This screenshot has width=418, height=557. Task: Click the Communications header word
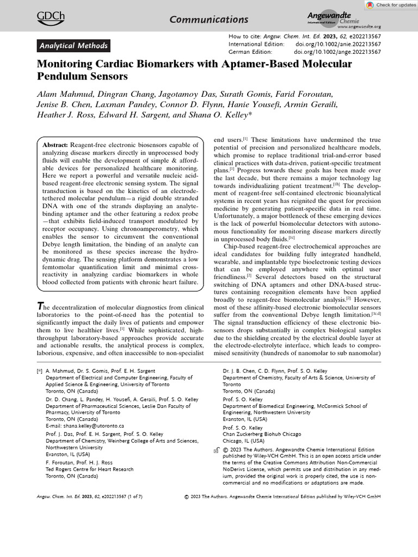click(x=208, y=20)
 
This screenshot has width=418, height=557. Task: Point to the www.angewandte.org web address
click(x=359, y=27)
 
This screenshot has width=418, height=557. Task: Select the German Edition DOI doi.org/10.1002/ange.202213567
click(x=337, y=52)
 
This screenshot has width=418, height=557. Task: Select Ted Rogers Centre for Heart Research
click(x=89, y=469)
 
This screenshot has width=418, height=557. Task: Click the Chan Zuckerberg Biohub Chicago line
click(x=262, y=435)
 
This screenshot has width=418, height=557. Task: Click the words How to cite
click(x=243, y=36)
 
